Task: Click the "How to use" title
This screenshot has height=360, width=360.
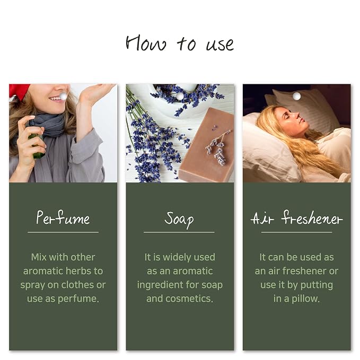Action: [x=180, y=43]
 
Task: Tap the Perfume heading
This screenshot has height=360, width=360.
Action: [x=63, y=217]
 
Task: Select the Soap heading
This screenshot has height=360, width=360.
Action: [x=179, y=219]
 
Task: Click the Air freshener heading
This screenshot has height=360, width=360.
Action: [x=296, y=217]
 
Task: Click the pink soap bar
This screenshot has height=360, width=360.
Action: [x=207, y=146]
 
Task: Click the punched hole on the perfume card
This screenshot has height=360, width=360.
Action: [x=63, y=96]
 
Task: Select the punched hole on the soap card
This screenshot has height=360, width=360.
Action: [x=180, y=96]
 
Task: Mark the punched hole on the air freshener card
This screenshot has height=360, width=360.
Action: [x=296, y=96]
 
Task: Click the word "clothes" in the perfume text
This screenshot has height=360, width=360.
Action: [x=77, y=285]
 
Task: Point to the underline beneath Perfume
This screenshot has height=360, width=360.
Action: [x=63, y=232]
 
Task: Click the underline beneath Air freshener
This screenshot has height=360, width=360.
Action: [x=296, y=232]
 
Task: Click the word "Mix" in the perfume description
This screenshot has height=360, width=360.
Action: [x=39, y=257]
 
